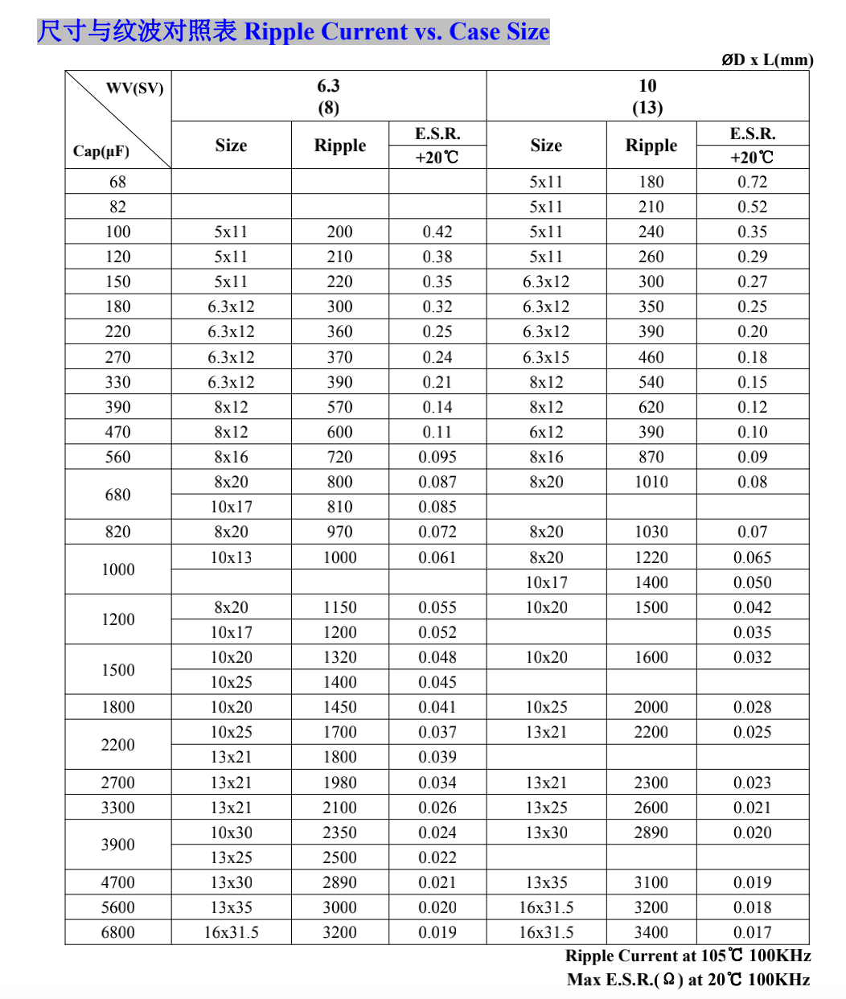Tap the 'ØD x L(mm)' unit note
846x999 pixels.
[766, 60]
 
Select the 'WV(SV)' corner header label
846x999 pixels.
[134, 88]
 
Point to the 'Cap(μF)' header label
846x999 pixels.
[101, 151]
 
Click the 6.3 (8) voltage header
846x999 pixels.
[328, 97]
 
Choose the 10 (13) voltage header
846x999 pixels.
[647, 97]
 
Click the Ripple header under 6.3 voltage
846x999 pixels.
[339, 146]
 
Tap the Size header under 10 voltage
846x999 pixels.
[546, 146]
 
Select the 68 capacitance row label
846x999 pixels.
[117, 182]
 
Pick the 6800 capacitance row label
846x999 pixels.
[117, 932]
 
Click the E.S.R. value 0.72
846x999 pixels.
[752, 182]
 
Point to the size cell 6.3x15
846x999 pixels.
[546, 357]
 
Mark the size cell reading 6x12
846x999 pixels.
[546, 432]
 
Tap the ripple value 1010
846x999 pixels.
[651, 482]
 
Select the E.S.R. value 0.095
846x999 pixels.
[437, 457]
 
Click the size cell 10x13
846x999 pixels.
[231, 557]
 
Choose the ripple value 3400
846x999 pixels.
[651, 932]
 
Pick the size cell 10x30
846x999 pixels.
[231, 832]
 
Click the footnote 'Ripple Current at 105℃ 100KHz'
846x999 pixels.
[688, 956]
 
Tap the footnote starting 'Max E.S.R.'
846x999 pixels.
[688, 980]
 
